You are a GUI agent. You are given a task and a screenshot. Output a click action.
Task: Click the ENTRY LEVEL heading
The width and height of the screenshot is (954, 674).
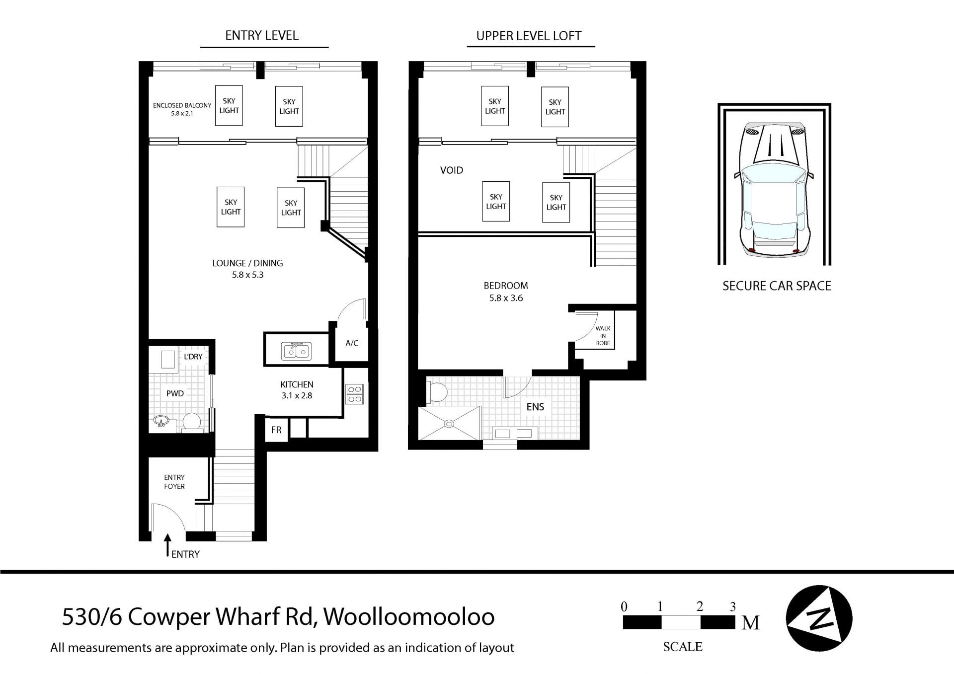coord(262,35)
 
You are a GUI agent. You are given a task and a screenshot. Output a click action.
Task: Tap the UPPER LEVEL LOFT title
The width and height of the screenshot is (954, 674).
coord(529,36)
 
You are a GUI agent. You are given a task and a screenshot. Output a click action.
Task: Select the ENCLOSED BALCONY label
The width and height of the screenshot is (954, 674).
coord(182,105)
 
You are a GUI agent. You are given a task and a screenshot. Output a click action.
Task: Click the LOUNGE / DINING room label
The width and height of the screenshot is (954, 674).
coord(247,263)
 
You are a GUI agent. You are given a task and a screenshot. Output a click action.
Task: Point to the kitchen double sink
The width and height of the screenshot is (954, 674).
coord(297,351)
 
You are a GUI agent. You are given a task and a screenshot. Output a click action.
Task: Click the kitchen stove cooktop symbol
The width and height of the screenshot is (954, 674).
coord(355,394)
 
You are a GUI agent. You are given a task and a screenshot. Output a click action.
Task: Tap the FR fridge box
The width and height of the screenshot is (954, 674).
coord(276,430)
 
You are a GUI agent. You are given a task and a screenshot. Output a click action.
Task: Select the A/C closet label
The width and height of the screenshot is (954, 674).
coord(352,343)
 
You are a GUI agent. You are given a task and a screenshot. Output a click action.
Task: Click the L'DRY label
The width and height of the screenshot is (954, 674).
coord(193,357)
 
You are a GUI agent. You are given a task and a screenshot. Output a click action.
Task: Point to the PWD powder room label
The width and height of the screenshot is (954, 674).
coord(175,393)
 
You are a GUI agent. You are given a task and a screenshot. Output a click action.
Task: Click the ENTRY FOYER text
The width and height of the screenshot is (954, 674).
coord(174,482)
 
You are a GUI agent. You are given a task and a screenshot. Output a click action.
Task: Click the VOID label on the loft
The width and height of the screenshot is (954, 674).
coord(452,170)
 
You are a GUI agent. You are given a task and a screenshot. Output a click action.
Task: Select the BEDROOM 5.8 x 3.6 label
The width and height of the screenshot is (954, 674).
coord(506,292)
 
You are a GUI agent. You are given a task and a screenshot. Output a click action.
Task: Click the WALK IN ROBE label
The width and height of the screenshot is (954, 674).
coord(603,336)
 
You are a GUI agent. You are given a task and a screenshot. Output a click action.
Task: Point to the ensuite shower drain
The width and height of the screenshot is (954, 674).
coord(449,424)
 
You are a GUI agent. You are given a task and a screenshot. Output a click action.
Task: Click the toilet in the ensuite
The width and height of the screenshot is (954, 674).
coord(436,392)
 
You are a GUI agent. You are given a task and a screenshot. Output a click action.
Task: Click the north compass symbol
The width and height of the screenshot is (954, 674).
coord(819,618)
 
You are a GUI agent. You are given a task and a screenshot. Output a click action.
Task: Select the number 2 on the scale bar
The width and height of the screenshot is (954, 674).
coord(700,606)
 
